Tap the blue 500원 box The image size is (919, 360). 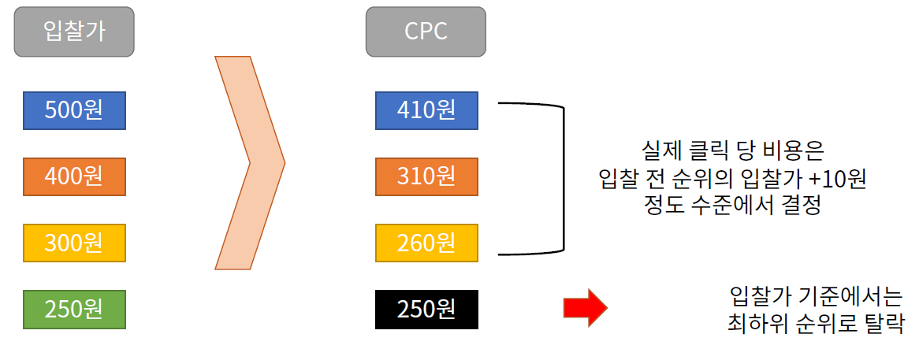pyautogui.click(x=74, y=110)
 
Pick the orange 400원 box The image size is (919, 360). pyautogui.click(x=74, y=176)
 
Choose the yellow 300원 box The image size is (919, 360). pyautogui.click(x=74, y=243)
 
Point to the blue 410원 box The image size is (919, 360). pyautogui.click(x=426, y=110)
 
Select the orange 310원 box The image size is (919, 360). pyautogui.click(x=426, y=176)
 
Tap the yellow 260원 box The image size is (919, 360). pyautogui.click(x=426, y=243)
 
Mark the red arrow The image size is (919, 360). pyautogui.click(x=585, y=307)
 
